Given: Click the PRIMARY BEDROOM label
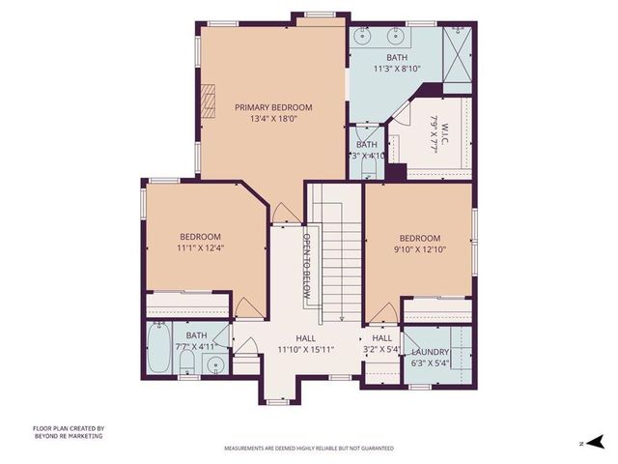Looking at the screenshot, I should (273, 107).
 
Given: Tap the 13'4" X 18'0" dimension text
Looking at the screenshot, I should (273, 119).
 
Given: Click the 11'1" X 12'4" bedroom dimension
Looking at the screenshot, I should (200, 248).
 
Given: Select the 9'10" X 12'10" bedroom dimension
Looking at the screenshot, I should (420, 249).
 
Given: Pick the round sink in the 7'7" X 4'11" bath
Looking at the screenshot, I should (216, 365).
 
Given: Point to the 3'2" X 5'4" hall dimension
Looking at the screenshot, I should (381, 349).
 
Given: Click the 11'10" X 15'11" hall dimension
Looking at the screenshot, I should (305, 349).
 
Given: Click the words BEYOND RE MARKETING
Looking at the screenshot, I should (68, 436).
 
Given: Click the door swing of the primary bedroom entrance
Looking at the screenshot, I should (281, 213).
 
